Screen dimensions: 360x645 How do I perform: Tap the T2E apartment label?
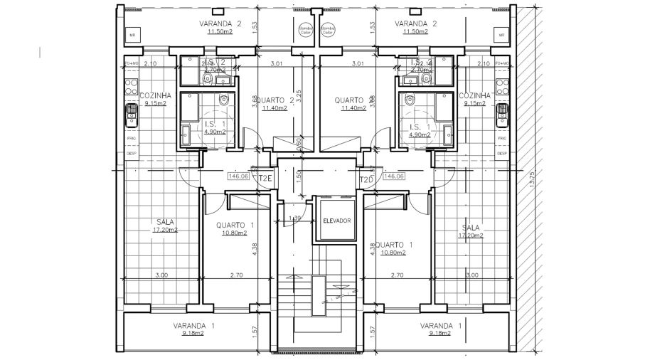(266, 178)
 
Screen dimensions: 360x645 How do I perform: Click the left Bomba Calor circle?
(305, 31)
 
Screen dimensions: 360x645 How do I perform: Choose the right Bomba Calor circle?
(327, 31)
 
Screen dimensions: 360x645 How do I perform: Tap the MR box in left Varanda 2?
(132, 35)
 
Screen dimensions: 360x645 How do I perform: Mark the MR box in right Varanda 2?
(501, 35)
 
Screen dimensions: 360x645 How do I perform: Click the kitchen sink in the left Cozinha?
(132, 113)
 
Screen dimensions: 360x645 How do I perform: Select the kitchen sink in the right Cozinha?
(502, 113)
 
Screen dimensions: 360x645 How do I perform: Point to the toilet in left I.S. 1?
(224, 102)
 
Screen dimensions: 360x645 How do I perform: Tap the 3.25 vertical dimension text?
(299, 96)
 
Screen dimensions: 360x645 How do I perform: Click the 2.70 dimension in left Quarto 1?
(237, 275)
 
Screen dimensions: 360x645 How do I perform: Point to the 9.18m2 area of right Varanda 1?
(440, 332)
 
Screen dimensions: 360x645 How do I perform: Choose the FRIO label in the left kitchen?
(132, 138)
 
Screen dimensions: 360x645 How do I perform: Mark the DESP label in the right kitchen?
(501, 153)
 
